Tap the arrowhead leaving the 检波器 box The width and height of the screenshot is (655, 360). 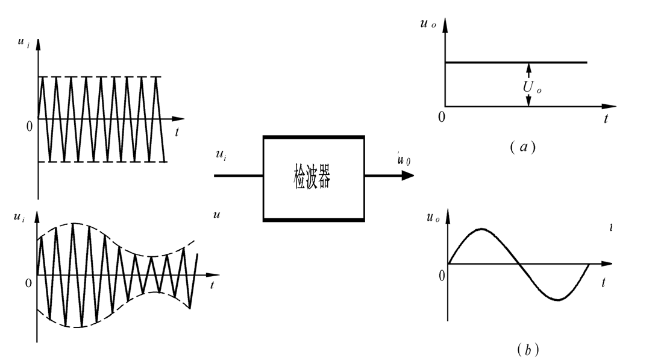(409, 175)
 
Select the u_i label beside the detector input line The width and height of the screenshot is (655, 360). (221, 156)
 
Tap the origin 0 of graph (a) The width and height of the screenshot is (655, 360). (442, 116)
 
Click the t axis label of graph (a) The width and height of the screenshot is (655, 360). (606, 118)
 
